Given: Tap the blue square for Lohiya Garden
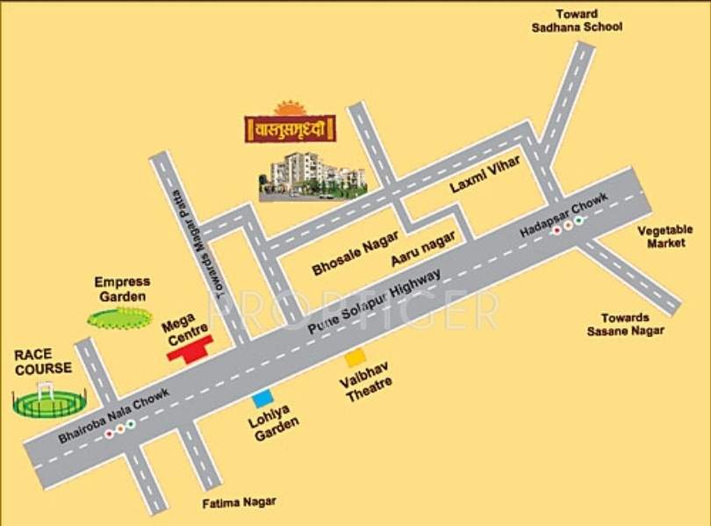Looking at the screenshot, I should [x=262, y=400].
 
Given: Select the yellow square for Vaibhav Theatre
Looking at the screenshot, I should [x=355, y=357].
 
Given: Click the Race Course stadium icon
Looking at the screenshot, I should [x=49, y=401].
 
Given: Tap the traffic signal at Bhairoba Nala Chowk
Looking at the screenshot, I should [x=118, y=429].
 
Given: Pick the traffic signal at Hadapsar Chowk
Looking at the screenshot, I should [x=567, y=224].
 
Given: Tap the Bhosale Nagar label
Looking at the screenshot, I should [x=355, y=253].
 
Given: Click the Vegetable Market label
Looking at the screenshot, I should [x=664, y=236].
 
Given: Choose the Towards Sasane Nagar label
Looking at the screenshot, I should [x=625, y=324].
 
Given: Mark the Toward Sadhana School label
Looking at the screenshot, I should [x=577, y=20].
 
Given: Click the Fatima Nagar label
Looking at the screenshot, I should [x=239, y=502].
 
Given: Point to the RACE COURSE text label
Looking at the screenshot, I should [x=43, y=361].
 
